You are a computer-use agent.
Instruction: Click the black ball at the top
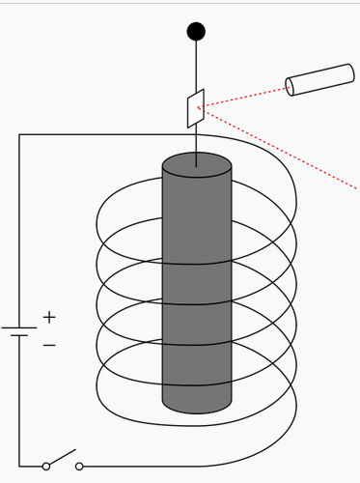click(196, 31)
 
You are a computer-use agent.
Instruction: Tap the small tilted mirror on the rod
click(196, 108)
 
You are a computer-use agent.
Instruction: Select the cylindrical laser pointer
click(321, 79)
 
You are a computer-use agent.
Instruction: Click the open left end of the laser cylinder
click(291, 87)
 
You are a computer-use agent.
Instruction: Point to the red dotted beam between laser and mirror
click(246, 97)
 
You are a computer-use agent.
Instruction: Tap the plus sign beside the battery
click(49, 316)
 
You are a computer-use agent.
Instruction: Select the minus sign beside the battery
click(49, 344)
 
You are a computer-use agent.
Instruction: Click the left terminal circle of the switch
click(46, 466)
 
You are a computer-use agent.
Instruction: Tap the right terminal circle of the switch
click(79, 466)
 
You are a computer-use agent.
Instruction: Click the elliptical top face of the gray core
click(197, 164)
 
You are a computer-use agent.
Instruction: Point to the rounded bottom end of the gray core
click(197, 404)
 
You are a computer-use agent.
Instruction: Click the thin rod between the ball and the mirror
click(197, 68)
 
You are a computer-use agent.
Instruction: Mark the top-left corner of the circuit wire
click(19, 134)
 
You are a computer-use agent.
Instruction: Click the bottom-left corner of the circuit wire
click(19, 466)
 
